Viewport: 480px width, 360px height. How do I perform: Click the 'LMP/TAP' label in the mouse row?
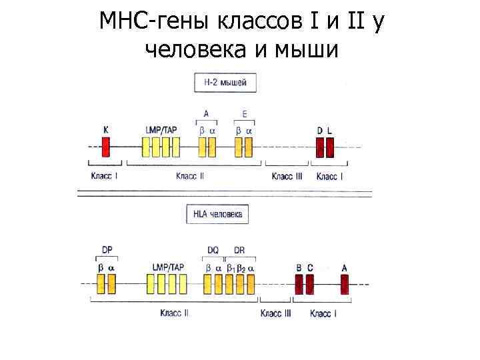(x=161, y=129)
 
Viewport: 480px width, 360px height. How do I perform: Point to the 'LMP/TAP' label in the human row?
(x=168, y=267)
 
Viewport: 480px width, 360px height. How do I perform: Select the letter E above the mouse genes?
(x=245, y=113)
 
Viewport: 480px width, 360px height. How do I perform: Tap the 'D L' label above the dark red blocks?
(x=325, y=129)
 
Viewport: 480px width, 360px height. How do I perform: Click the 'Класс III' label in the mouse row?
(x=287, y=176)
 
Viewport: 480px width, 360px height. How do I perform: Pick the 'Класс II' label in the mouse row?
(x=190, y=176)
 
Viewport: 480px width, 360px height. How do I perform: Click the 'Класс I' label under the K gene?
(x=104, y=176)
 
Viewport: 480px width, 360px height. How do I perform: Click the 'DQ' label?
(x=213, y=250)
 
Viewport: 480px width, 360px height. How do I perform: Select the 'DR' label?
(x=239, y=250)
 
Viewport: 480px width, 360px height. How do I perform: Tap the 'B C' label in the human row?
(x=305, y=267)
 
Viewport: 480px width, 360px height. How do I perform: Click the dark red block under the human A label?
(x=345, y=285)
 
